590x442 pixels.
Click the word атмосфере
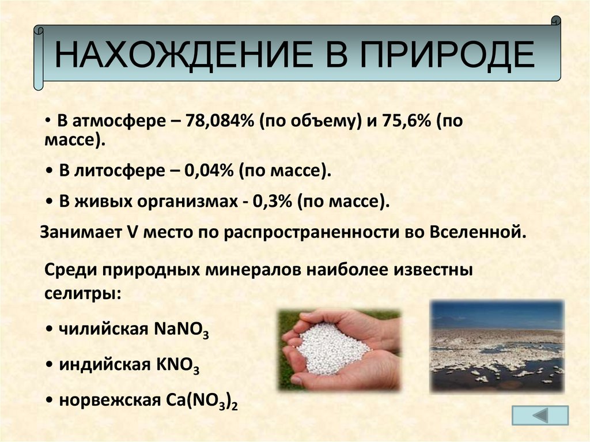click(115, 122)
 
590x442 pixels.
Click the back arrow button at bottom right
click(539, 415)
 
